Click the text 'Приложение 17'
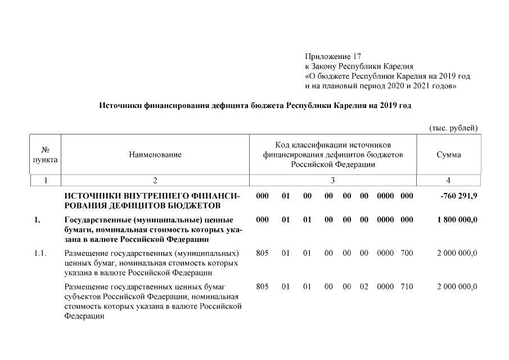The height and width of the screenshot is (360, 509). click(332, 57)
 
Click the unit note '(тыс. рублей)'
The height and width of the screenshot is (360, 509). click(453, 128)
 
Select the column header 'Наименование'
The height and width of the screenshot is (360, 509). click(155, 155)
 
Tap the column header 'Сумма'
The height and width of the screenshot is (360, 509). click(448, 155)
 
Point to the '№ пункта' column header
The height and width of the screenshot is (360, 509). click(45, 155)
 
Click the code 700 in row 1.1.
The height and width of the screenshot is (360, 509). click(406, 254)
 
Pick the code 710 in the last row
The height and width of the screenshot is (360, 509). click(406, 287)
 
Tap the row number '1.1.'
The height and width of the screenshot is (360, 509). click(40, 254)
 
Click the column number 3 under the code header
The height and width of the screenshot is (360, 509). click(332, 181)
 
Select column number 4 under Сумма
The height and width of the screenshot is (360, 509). click(448, 181)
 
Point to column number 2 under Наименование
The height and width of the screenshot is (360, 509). click(155, 181)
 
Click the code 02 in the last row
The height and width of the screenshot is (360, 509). click(364, 287)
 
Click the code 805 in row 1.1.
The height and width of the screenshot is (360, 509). click(262, 254)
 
